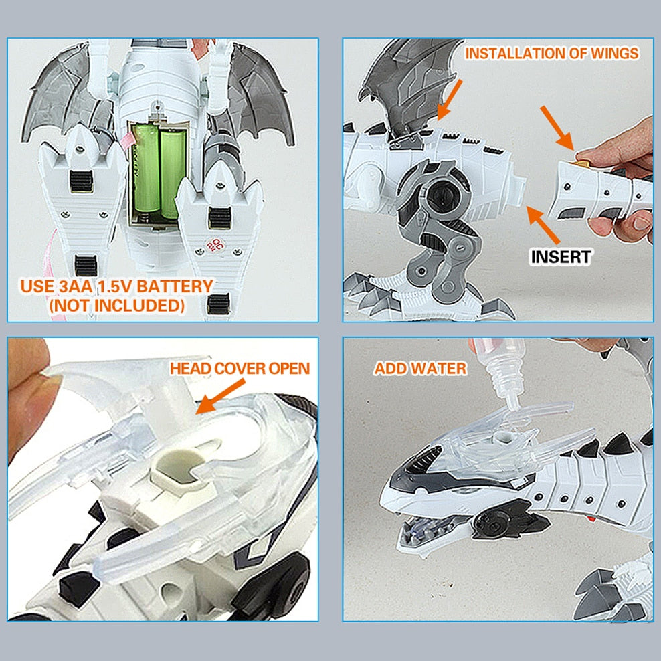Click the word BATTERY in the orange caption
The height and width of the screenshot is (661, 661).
[x=175, y=286]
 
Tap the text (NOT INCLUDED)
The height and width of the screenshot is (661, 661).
[x=117, y=306]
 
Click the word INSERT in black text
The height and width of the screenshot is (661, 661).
[x=561, y=257]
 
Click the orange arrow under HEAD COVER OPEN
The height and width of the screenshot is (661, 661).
[x=219, y=396]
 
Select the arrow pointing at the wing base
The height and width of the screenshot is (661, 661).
[x=450, y=100]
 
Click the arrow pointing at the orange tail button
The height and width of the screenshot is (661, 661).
[x=557, y=128]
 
